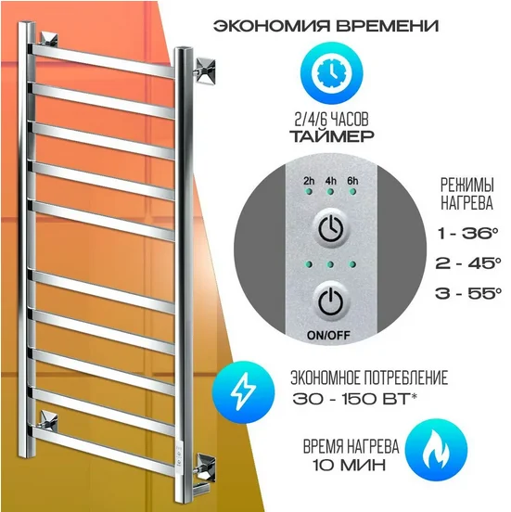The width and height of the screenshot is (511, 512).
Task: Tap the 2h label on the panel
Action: point(308,181)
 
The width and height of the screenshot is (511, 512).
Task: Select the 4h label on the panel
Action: point(330,181)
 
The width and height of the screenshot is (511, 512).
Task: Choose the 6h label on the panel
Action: point(352,181)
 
